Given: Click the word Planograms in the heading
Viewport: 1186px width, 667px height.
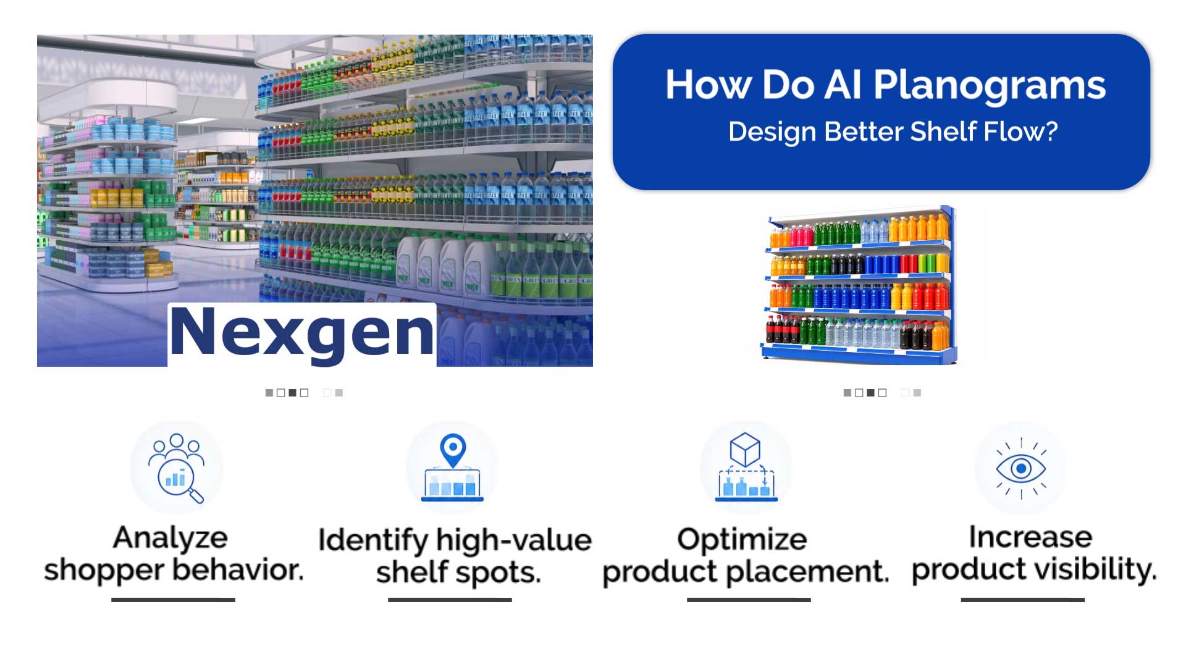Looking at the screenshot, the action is tap(990, 86).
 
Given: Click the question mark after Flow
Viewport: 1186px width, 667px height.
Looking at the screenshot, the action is tap(1051, 131).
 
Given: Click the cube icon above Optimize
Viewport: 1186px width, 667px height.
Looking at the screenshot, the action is tap(744, 449).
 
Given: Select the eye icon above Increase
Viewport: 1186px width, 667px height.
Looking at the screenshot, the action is tap(1020, 469).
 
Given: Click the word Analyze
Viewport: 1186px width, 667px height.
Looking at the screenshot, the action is tap(170, 537).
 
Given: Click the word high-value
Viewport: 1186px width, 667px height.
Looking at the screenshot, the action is tap(514, 540).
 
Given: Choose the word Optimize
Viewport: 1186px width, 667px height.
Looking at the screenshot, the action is tap(742, 540).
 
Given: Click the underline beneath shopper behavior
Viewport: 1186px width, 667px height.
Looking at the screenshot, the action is tap(173, 600).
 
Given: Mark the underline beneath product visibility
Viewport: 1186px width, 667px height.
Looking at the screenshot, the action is tap(1023, 600).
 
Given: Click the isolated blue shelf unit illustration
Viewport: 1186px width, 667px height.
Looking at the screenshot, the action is tap(859, 285).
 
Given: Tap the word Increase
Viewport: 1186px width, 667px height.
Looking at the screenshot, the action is tap(1030, 537).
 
